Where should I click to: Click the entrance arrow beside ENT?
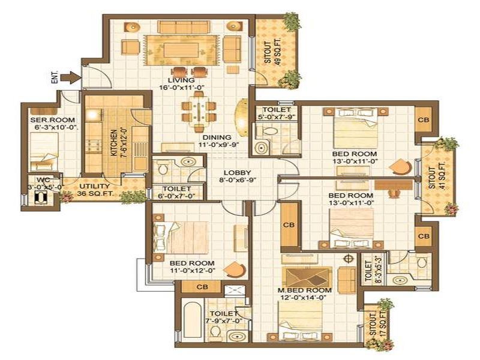click(71, 77)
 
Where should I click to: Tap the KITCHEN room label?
click(113, 143)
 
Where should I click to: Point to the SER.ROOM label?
click(52, 120)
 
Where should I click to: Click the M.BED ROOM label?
click(305, 290)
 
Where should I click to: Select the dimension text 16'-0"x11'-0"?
click(182, 87)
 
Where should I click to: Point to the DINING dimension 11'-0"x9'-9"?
click(217, 145)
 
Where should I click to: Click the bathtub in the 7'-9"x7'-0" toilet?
click(191, 322)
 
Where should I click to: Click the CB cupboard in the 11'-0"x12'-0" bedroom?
click(202, 287)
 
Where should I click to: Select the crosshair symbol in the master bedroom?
click(348, 259)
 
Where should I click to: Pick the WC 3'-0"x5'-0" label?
click(45, 184)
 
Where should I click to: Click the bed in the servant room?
click(44, 152)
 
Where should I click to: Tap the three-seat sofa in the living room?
click(184, 27)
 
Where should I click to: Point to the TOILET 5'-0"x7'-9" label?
click(277, 113)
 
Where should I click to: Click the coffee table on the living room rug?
click(181, 50)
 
